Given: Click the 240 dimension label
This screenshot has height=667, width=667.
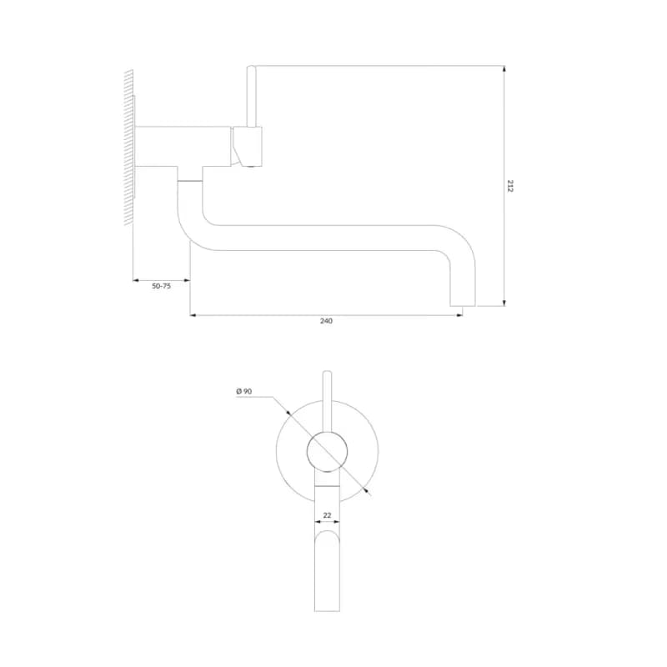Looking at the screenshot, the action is click(x=326, y=321).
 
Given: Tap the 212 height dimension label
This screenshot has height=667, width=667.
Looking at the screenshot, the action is click(x=510, y=186).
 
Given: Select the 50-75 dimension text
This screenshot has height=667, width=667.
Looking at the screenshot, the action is click(x=161, y=286).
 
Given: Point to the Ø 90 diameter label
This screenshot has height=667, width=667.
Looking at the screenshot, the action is click(x=244, y=391).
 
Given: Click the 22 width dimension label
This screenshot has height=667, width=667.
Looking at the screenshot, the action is click(x=327, y=515).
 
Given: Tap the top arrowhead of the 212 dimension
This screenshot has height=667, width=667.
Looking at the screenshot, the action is click(x=504, y=69).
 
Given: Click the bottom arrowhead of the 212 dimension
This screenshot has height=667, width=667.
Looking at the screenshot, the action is click(x=504, y=303).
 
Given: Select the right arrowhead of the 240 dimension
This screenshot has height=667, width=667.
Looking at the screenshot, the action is click(x=459, y=315).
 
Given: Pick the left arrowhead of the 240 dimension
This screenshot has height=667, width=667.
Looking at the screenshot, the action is click(x=193, y=315).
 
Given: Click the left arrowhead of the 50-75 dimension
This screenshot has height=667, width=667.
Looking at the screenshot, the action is click(x=137, y=280).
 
